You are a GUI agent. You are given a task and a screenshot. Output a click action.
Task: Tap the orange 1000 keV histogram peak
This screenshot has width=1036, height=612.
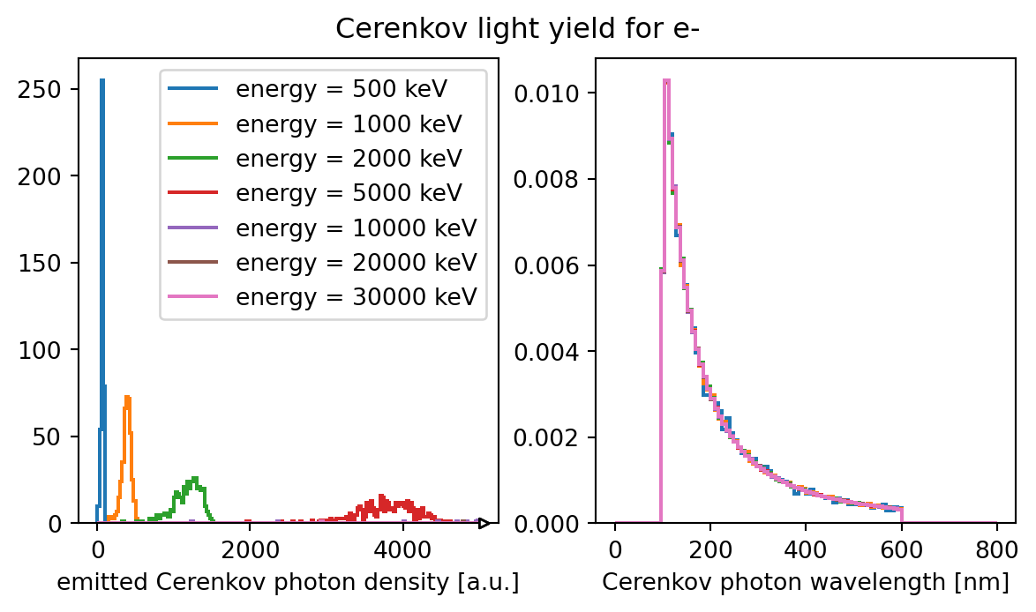click(x=127, y=399)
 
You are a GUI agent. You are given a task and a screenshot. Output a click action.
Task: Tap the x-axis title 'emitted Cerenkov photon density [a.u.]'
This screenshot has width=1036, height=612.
click(x=288, y=582)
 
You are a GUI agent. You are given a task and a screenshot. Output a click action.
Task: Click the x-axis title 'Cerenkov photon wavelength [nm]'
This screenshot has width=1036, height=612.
click(x=805, y=582)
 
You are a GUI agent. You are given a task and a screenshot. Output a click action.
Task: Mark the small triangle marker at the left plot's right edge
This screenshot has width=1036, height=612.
click(x=484, y=524)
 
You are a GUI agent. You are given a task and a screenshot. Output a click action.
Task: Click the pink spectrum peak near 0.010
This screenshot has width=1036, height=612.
click(x=666, y=81)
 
